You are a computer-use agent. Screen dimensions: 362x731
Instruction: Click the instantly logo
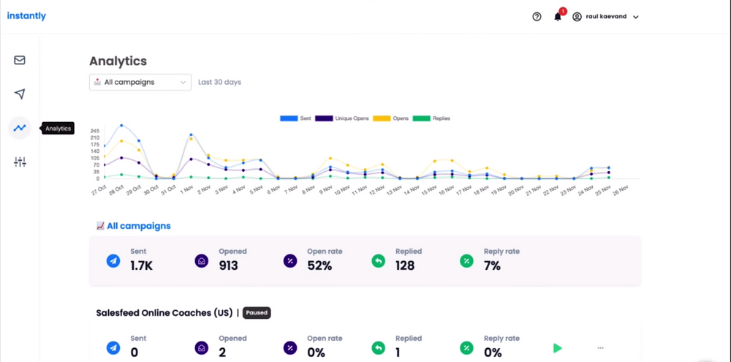[26, 16]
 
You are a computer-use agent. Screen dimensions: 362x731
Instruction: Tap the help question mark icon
[537, 17]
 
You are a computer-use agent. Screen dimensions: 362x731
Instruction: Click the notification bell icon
[558, 17]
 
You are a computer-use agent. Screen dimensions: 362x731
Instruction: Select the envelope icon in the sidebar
[20, 60]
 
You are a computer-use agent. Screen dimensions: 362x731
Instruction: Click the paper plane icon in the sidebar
[20, 94]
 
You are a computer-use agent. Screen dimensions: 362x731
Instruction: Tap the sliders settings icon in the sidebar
[20, 162]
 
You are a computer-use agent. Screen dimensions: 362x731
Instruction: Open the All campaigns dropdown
[140, 83]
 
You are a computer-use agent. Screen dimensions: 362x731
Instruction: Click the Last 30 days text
[219, 83]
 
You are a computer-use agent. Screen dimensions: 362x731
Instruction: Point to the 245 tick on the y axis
[95, 131]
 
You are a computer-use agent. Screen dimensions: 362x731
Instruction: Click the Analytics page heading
[118, 61]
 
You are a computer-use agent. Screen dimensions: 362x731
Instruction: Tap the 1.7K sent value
[141, 265]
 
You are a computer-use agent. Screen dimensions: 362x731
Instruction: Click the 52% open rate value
[319, 265]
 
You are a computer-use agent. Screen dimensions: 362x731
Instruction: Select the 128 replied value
[405, 265]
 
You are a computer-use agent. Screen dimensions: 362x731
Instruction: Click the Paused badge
[257, 313]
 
